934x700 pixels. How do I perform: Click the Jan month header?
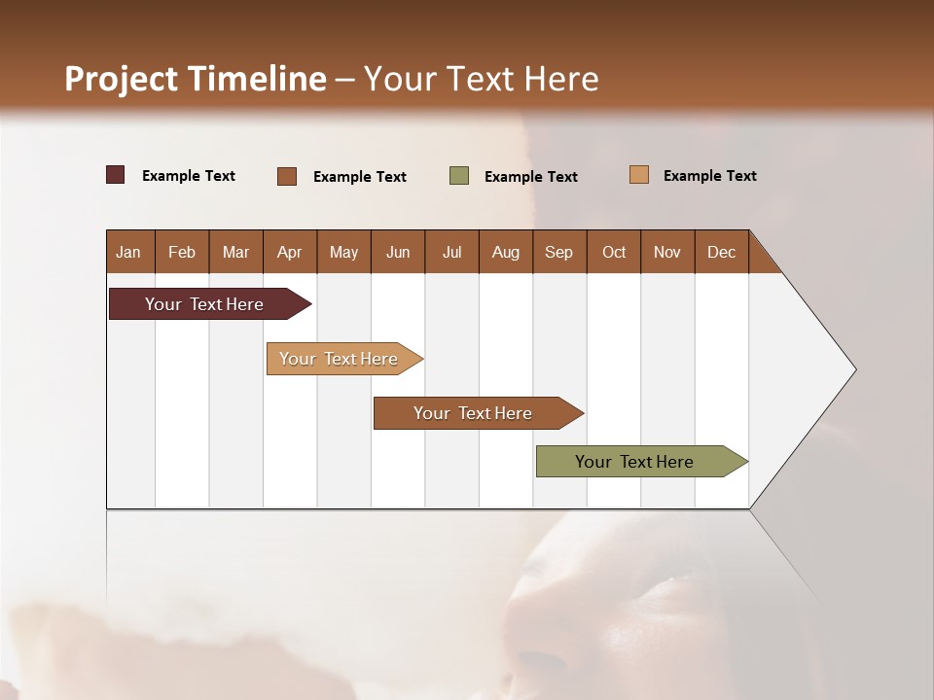pyautogui.click(x=128, y=252)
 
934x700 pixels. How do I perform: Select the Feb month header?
pyautogui.click(x=182, y=252)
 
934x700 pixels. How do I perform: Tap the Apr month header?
pyautogui.click(x=289, y=252)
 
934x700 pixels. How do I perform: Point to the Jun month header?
pyautogui.click(x=397, y=252)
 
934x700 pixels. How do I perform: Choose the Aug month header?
pyautogui.click(x=505, y=252)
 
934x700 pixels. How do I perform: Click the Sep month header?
pyautogui.click(x=558, y=252)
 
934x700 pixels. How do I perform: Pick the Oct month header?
pyautogui.click(x=613, y=252)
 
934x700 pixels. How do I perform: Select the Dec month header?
pyautogui.click(x=721, y=252)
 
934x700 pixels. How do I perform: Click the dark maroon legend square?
pyautogui.click(x=116, y=175)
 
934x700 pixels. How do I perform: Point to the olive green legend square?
pyautogui.click(x=459, y=176)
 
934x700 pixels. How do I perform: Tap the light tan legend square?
pyautogui.click(x=639, y=175)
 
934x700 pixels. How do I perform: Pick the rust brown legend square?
pyautogui.click(x=287, y=176)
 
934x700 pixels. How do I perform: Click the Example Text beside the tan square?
pyautogui.click(x=709, y=176)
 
